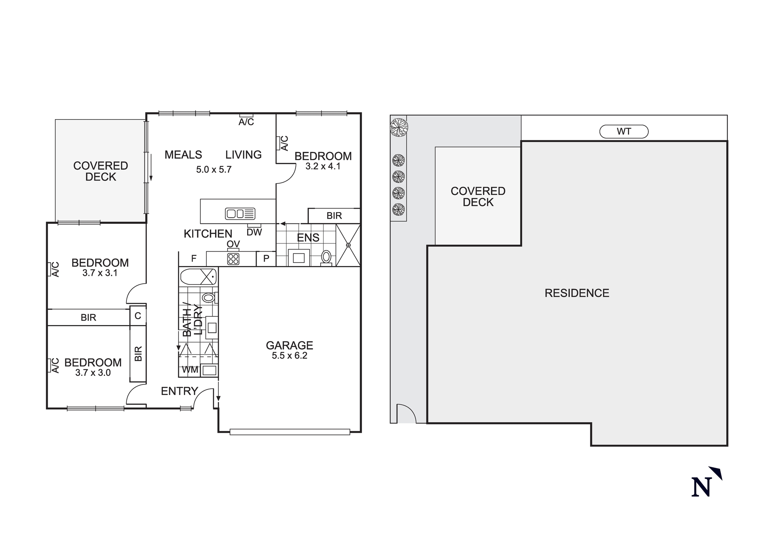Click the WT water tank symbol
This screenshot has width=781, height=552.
point(624,132)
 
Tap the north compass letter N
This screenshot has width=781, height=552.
point(701,487)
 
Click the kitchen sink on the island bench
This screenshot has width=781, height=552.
point(240,214)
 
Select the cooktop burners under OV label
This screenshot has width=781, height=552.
point(233,259)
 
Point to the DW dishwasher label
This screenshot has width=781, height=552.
point(254,232)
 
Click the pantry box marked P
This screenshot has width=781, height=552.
point(266,259)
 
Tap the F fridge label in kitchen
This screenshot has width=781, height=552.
point(194,259)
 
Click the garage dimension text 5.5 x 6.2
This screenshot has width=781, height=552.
point(289,356)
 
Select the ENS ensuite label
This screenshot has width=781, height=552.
point(308,238)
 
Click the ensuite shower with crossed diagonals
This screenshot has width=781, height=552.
point(348,245)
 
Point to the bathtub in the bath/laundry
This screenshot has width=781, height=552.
point(198,277)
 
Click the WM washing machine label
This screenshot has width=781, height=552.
point(190,370)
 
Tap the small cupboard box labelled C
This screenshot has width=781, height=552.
point(138,316)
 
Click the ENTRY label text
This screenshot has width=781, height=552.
point(179,391)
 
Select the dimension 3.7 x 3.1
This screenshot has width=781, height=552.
point(100,273)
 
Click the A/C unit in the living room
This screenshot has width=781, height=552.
point(246,116)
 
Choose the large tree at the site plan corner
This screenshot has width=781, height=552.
point(399,127)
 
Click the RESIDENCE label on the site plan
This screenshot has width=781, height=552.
point(577,293)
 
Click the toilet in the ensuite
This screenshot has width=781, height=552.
point(326,257)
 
